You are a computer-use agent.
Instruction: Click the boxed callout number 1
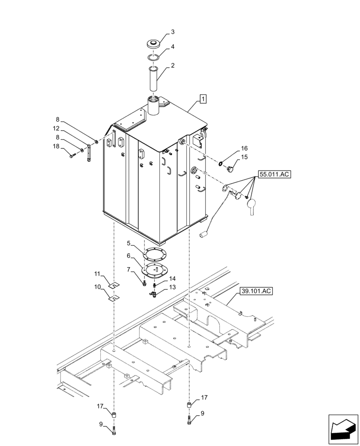(x=203, y=99)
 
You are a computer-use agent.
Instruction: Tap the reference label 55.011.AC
(x=274, y=174)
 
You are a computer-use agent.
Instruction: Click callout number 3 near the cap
(x=172, y=32)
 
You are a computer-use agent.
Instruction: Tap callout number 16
(x=244, y=148)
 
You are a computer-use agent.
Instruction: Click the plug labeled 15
(x=230, y=169)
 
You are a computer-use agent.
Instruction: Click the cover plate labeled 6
(x=153, y=269)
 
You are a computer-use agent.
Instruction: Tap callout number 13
(x=172, y=287)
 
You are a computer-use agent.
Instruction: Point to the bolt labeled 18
(x=73, y=156)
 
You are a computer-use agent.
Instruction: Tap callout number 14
(x=172, y=278)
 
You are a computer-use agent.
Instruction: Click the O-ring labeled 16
(x=221, y=164)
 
